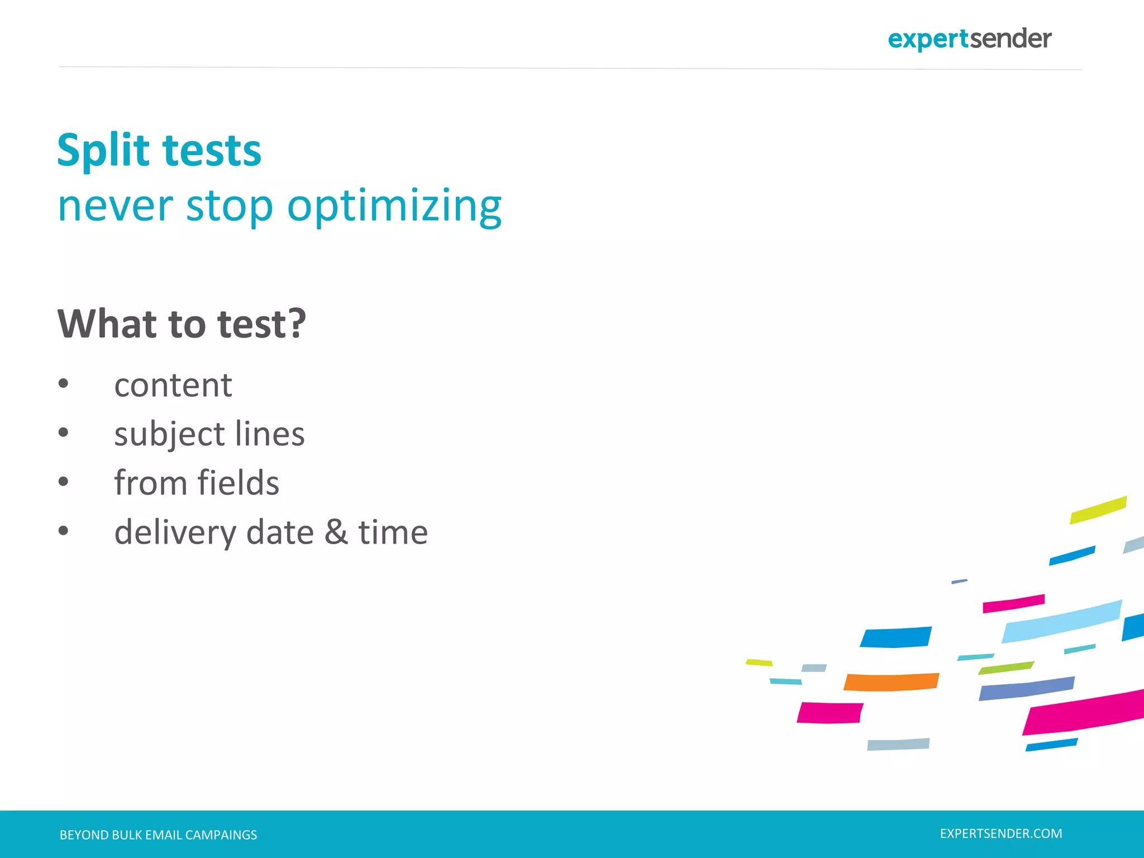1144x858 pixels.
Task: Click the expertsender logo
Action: pos(969,39)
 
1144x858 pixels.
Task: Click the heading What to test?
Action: pos(182,324)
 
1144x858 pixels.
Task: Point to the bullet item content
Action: pos(173,385)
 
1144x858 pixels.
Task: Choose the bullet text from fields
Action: pos(197,483)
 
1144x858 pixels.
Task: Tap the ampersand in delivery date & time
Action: pos(336,532)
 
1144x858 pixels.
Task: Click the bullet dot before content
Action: pos(63,383)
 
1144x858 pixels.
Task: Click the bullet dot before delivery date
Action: pos(63,530)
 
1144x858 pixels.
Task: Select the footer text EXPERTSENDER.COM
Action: pos(1001,833)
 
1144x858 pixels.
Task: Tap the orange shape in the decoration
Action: pos(891,682)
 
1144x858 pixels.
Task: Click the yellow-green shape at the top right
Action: pos(1098,510)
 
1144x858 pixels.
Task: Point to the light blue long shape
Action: pos(1061,622)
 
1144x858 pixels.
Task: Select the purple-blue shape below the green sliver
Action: pos(1026,689)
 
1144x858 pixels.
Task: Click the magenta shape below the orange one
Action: pos(830,713)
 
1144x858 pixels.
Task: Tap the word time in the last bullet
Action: pos(393,532)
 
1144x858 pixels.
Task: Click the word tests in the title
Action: pos(212,151)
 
